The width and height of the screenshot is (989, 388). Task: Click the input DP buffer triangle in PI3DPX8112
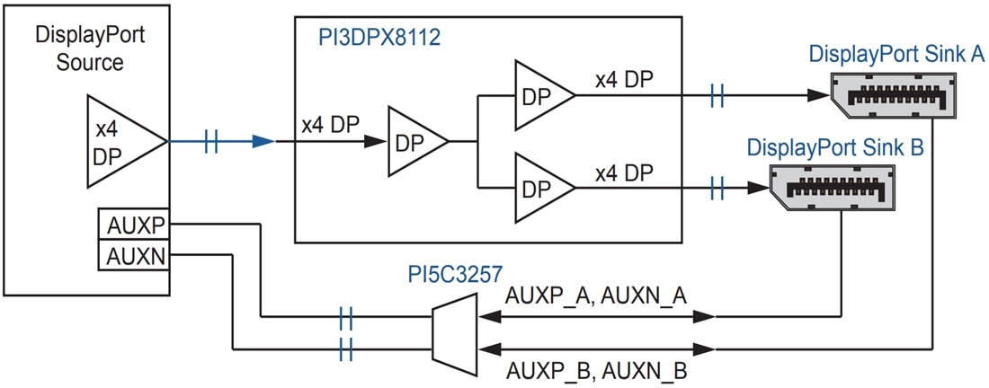(x=414, y=140)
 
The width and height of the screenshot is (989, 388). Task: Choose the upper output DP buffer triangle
(x=540, y=95)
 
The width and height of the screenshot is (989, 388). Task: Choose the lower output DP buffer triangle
(x=540, y=188)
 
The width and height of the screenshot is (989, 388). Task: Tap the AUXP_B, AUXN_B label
(x=597, y=369)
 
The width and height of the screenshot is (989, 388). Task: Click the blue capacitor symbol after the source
(x=211, y=141)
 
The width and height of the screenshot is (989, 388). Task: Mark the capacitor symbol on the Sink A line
(x=717, y=95)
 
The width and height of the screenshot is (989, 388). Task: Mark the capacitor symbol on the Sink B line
(x=717, y=188)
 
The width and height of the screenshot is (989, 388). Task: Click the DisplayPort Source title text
(x=90, y=49)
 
